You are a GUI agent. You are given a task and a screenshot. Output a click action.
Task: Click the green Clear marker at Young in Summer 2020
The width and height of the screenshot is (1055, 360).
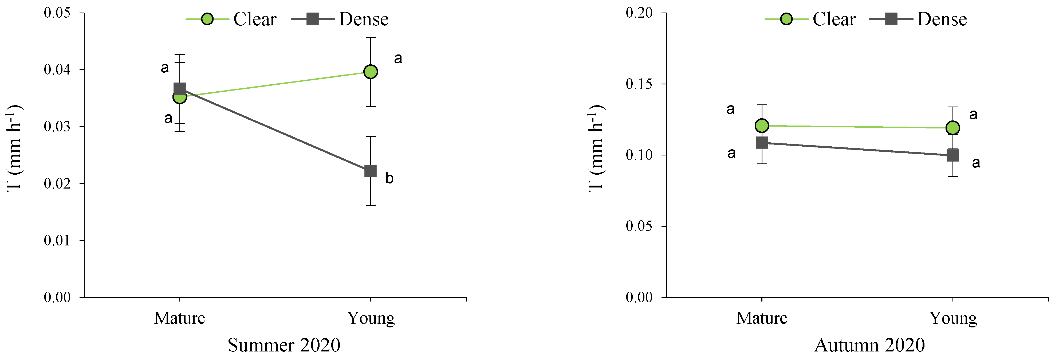tap(370, 72)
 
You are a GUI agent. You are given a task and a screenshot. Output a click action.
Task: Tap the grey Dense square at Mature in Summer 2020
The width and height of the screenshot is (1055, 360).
tap(180, 89)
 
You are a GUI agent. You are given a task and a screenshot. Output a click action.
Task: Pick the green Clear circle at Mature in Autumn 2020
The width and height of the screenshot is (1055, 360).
tap(762, 126)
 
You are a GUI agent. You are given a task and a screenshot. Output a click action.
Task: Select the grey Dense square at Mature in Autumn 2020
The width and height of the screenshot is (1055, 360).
tap(762, 143)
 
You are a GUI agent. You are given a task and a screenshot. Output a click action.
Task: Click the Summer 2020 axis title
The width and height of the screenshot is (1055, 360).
tap(284, 345)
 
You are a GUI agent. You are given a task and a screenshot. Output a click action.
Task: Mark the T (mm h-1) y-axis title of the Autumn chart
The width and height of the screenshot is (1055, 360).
tap(596, 148)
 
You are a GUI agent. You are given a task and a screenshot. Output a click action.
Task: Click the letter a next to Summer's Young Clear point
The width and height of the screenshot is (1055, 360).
tap(398, 58)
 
